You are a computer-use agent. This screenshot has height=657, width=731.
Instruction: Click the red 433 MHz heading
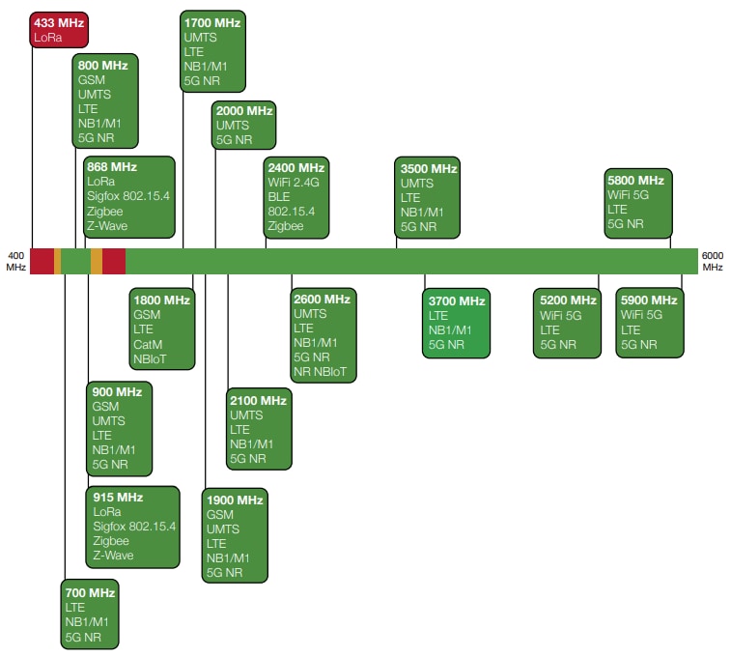pyautogui.click(x=57, y=21)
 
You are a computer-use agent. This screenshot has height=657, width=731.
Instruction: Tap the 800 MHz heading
pyautogui.click(x=102, y=65)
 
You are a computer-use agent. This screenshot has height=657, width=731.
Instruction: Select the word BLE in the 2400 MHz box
pyautogui.click(x=279, y=197)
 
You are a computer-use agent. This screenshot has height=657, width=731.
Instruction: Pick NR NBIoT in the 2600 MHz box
pyautogui.click(x=323, y=372)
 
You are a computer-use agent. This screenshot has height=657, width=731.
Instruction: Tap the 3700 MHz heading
pyautogui.click(x=457, y=300)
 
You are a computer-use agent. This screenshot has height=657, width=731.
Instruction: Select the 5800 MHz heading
pyautogui.click(x=635, y=180)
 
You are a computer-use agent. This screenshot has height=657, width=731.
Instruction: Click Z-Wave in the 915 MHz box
pyautogui.click(x=113, y=556)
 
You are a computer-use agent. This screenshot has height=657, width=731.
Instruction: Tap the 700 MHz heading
pyautogui.click(x=90, y=592)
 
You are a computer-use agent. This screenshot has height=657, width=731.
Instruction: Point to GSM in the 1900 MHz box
pyautogui.click(x=219, y=515)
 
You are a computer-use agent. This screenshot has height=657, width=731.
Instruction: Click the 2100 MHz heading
pyautogui.click(x=258, y=400)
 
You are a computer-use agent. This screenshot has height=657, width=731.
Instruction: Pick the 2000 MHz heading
pyautogui.click(x=244, y=111)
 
